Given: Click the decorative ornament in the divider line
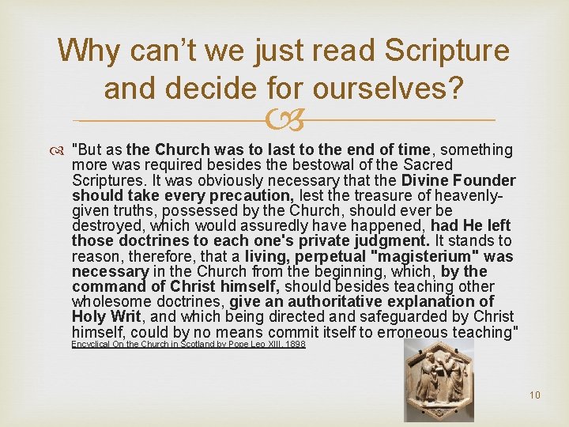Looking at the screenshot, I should (284, 120).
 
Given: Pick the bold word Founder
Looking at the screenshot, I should (484, 179).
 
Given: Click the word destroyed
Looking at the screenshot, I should (105, 225).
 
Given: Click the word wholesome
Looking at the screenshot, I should (111, 301).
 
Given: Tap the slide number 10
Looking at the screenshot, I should (535, 395).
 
